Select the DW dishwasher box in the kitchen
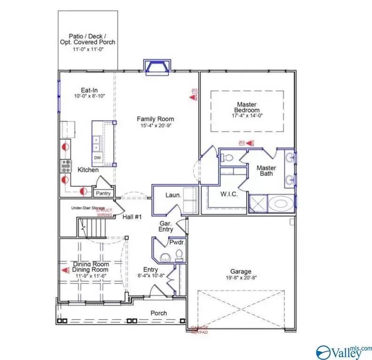[x=98, y=157]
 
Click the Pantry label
[x=103, y=193]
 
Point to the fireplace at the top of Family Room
[x=158, y=67]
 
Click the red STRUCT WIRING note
[x=104, y=213]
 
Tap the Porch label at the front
[x=158, y=313]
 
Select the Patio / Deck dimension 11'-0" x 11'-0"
[x=88, y=48]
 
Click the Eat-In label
[x=89, y=90]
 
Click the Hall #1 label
[x=132, y=217]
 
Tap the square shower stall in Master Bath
[x=257, y=204]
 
